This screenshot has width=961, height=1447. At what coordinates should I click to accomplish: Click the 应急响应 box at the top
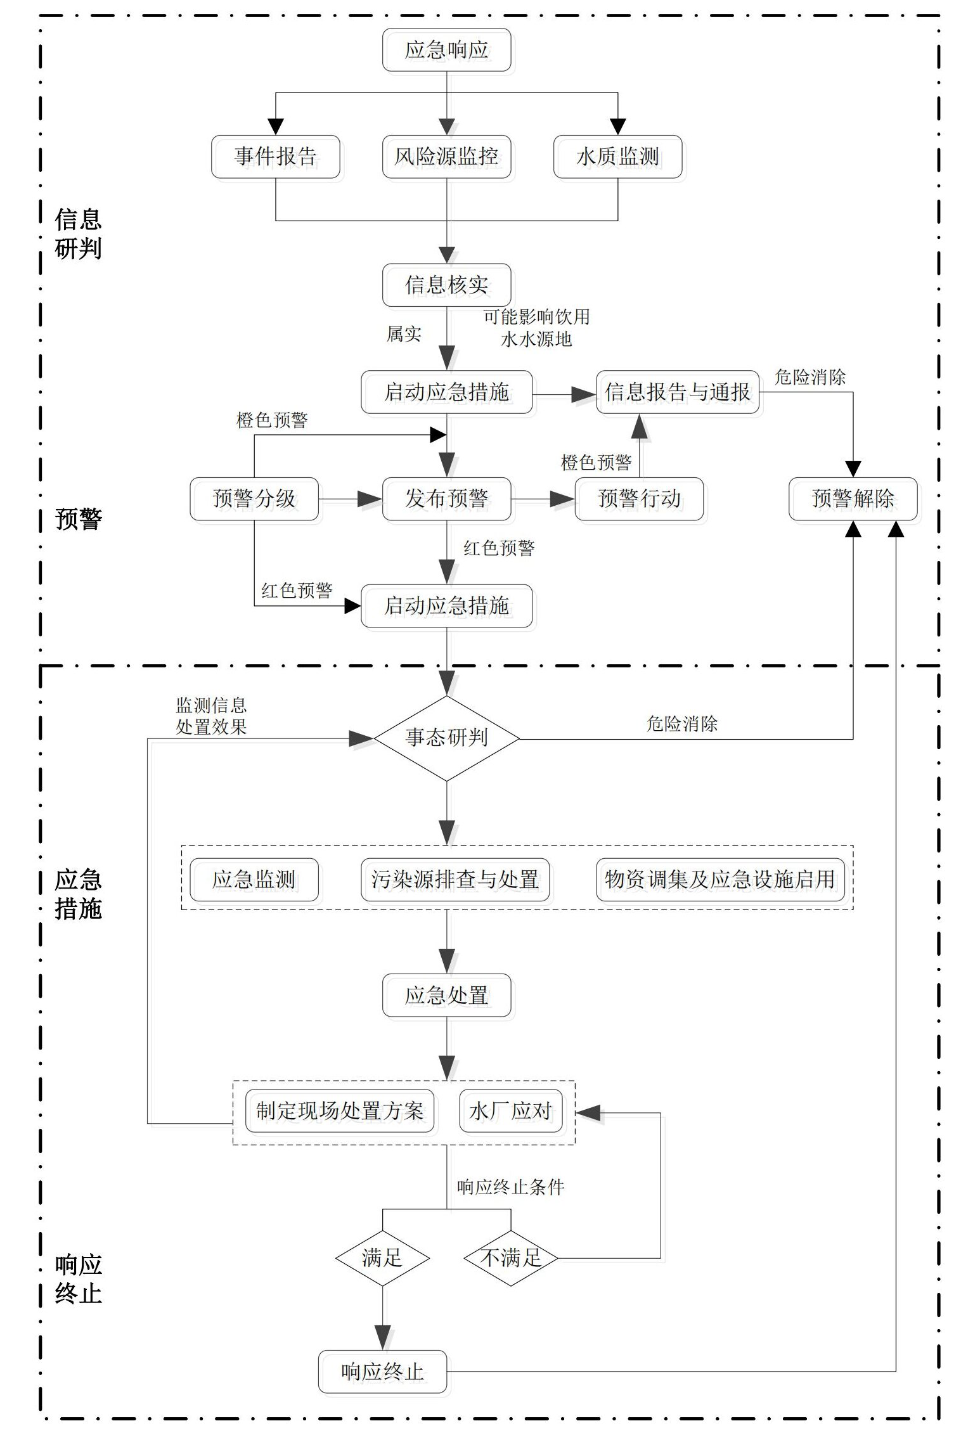pos(446,50)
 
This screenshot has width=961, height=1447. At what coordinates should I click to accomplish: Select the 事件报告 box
pos(275,157)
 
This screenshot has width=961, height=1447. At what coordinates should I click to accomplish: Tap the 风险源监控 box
pos(446,157)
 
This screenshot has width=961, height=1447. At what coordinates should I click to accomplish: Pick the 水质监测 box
pos(617,157)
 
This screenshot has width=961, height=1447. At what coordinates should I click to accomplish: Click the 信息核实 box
pos(446,285)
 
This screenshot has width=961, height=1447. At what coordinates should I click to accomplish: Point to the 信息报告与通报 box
pos(677,392)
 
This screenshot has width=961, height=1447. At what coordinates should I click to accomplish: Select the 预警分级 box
pos(254,499)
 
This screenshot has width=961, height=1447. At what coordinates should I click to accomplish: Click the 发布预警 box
pos(446,499)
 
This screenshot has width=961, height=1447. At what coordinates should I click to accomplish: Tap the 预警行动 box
pos(639,499)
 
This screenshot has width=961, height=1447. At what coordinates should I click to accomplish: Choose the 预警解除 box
pos(853,499)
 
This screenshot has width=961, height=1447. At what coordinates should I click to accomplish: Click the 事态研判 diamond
pos(446,738)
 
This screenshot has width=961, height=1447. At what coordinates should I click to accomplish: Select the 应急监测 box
pos(254,880)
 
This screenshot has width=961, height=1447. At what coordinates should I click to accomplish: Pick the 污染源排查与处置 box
pos(455,880)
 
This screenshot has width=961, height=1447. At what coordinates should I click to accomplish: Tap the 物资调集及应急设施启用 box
pos(719,880)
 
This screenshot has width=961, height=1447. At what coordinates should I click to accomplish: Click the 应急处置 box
pos(446,996)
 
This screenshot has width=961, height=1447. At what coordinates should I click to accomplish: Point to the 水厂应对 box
pos(510,1110)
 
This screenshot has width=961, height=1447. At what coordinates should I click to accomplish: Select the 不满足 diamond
pos(510,1257)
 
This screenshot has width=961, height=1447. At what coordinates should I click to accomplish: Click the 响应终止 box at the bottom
pos(382,1372)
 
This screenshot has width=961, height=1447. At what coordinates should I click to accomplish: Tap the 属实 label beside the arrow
pos(404,334)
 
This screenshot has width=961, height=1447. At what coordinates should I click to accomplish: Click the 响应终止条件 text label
pos(510,1187)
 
